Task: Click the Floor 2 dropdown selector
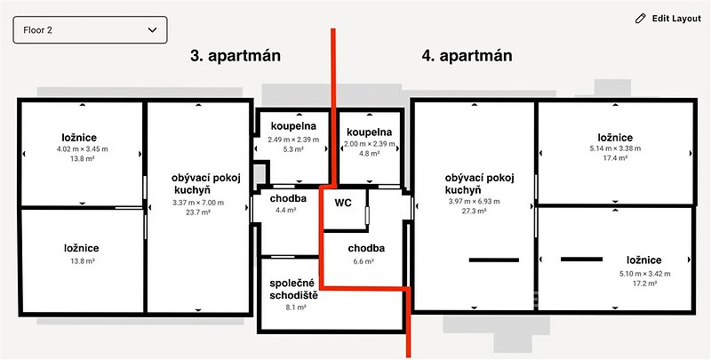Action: point(91,30)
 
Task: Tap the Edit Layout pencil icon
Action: point(640,19)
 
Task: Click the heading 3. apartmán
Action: point(236,56)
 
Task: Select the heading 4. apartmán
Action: point(467,56)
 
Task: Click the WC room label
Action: point(343,204)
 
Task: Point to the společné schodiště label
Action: point(292,290)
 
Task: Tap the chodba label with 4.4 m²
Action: point(288,198)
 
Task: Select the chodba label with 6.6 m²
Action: point(366,249)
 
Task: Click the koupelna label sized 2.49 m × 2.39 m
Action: point(293,126)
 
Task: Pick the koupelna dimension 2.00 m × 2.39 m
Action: point(369,144)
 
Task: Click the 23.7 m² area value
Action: point(198,212)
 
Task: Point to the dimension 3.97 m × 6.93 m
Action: point(475,201)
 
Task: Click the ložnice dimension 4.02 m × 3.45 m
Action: point(82,148)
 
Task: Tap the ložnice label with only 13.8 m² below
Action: point(82,249)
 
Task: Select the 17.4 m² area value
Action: point(615,158)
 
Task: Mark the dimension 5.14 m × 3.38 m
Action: point(615,148)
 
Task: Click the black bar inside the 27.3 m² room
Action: point(494,260)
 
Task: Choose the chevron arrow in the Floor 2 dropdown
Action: point(152,30)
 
